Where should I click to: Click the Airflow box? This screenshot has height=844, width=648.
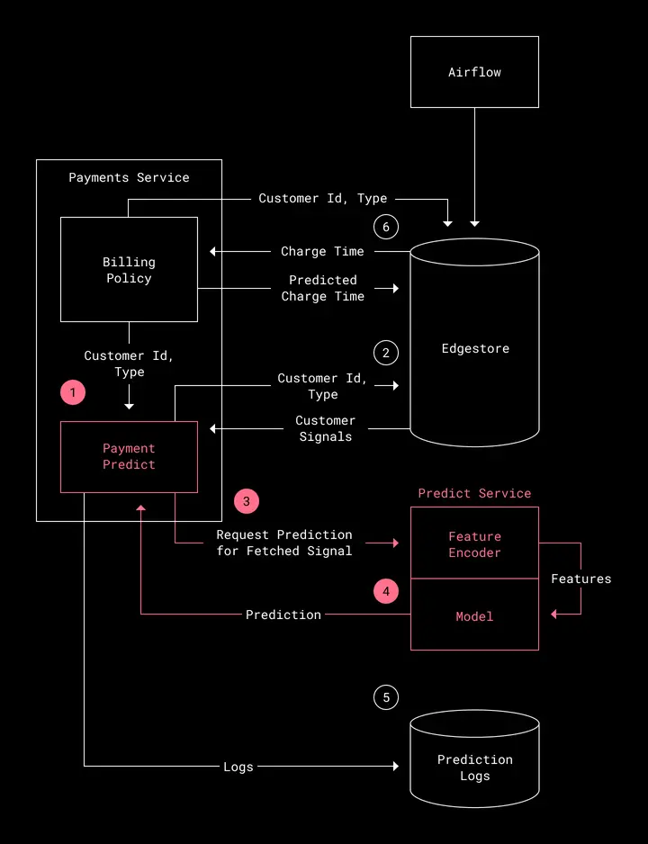pyautogui.click(x=474, y=72)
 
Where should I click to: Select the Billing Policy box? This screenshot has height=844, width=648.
pyautogui.click(x=129, y=269)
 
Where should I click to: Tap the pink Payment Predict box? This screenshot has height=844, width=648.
pyautogui.click(x=129, y=456)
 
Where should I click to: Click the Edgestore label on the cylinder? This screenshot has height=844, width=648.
pyautogui.click(x=475, y=348)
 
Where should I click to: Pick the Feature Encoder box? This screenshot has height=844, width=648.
pyautogui.click(x=474, y=543)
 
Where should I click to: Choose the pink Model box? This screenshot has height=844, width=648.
pyautogui.click(x=474, y=615)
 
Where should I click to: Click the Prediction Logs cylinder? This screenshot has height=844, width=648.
pyautogui.click(x=474, y=758)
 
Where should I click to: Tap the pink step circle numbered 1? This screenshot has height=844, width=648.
pyautogui.click(x=73, y=392)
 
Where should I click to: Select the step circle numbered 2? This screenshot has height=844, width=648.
pyautogui.click(x=386, y=353)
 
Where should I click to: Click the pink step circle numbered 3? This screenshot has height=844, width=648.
pyautogui.click(x=247, y=501)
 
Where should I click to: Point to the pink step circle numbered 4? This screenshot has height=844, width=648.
pyautogui.click(x=386, y=591)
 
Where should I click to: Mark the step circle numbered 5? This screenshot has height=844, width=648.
pyautogui.click(x=386, y=697)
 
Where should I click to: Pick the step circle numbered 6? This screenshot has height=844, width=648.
pyautogui.click(x=386, y=227)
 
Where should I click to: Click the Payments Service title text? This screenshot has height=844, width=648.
pyautogui.click(x=130, y=177)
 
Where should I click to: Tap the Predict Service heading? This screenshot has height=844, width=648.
pyautogui.click(x=474, y=493)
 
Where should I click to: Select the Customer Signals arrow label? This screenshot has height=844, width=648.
pyautogui.click(x=326, y=428)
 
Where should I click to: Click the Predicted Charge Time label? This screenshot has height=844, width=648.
pyautogui.click(x=323, y=288)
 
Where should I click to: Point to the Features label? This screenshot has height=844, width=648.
pyautogui.click(x=581, y=579)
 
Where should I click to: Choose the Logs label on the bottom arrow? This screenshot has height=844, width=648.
pyautogui.click(x=238, y=767)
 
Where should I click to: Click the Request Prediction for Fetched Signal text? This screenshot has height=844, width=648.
pyautogui.click(x=284, y=543)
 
